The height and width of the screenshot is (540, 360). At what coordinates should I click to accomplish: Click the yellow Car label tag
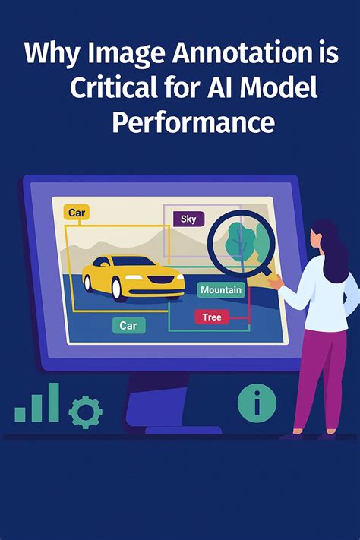[77, 212]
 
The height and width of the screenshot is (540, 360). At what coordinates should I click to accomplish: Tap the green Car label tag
[129, 326]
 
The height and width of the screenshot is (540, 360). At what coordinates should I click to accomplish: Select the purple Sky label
[188, 219]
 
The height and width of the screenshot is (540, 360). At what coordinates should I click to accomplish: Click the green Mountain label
[221, 290]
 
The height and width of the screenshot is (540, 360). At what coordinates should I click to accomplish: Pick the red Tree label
[212, 317]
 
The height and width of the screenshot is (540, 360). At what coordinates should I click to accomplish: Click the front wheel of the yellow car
[117, 289]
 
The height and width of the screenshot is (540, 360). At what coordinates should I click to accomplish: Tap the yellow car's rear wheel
[88, 283]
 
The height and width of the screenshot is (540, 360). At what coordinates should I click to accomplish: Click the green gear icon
[85, 412]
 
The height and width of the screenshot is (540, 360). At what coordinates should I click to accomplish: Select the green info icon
[257, 403]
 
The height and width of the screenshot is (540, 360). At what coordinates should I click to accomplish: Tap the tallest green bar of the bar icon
[54, 402]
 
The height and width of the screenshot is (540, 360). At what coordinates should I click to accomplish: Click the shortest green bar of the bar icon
[21, 414]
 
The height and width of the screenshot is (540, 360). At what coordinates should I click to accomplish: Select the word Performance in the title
[194, 123]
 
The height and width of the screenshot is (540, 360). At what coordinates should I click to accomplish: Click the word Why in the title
[52, 54]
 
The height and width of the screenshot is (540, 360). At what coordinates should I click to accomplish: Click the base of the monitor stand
[183, 430]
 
